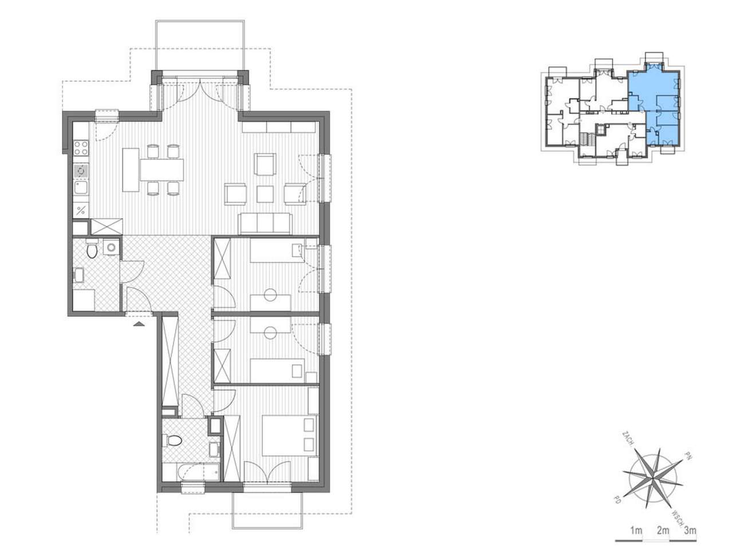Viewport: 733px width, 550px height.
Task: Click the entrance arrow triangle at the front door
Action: pos(139,324)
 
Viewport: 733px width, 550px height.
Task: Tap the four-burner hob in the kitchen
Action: pos(81,148)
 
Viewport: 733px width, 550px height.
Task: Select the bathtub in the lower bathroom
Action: pos(198,472)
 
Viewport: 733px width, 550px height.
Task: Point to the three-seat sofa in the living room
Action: pos(265,224)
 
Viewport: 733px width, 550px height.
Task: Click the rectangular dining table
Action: pos(161,170)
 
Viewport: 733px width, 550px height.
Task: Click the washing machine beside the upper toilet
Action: pos(111,247)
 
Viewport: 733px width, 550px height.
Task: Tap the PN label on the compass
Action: pos(688,455)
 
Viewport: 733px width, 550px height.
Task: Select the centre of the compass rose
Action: pos(652,480)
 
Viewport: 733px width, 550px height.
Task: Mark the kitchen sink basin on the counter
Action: pos(81,187)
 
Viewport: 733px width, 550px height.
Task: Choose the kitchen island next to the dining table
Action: pos(131,170)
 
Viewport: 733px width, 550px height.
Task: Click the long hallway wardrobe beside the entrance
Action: pos(170,362)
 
